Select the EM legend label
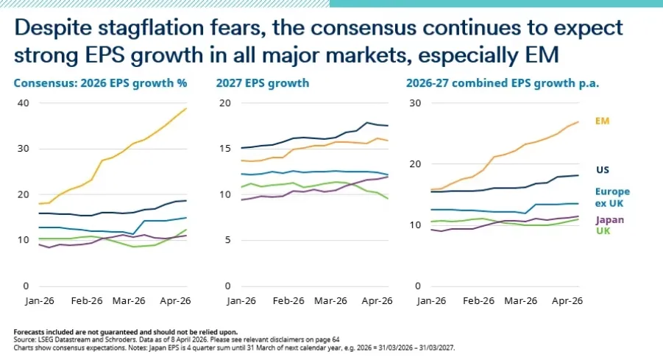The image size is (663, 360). [x=603, y=120]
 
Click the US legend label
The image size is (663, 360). [x=603, y=170]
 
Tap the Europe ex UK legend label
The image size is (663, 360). [x=612, y=197]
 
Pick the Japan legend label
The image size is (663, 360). [x=611, y=219]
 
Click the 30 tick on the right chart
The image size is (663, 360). [x=416, y=102]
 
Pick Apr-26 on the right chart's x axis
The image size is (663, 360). [x=567, y=300]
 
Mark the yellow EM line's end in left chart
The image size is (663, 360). [x=186, y=109]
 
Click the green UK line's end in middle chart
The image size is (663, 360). [x=387, y=199]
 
